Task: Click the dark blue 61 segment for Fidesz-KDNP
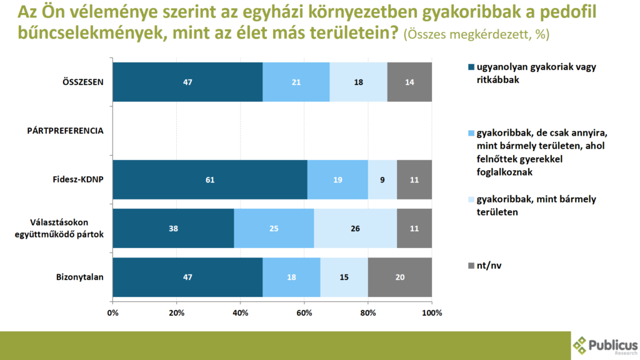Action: pyautogui.click(x=210, y=180)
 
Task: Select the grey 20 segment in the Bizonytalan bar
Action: pyautogui.click(x=399, y=277)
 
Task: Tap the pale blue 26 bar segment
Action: pyautogui.click(x=356, y=229)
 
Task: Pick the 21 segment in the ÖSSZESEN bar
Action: pyautogui.click(x=296, y=82)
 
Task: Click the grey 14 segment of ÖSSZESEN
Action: pyautogui.click(x=409, y=82)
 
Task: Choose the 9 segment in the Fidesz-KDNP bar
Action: pyautogui.click(x=382, y=180)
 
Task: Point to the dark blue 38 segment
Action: pyautogui.click(x=174, y=229)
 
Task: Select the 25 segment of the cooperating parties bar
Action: pyautogui.click(x=274, y=229)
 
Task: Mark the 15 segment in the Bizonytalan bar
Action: pyautogui.click(x=344, y=277)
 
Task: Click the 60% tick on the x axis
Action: pyautogui.click(x=304, y=312)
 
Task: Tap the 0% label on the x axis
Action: pyautogui.click(x=113, y=312)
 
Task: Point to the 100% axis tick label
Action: pyautogui.click(x=431, y=312)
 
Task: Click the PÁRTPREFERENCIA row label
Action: pyautogui.click(x=65, y=131)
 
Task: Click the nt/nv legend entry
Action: pyautogui.click(x=489, y=265)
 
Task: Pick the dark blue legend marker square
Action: pyautogui.click(x=471, y=67)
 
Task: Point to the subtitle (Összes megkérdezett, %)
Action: pyautogui.click(x=477, y=34)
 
